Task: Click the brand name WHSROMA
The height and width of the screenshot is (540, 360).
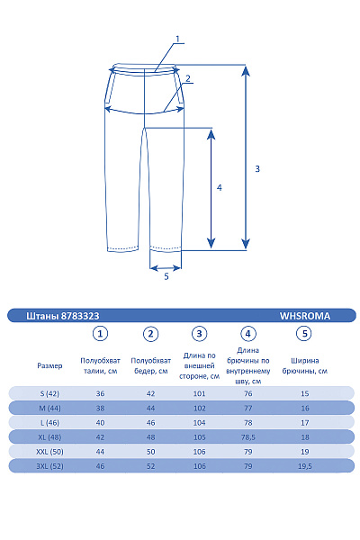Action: (x=305, y=316)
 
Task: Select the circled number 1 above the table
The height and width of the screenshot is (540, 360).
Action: (x=101, y=334)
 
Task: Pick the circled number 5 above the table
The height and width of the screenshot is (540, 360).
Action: (x=304, y=334)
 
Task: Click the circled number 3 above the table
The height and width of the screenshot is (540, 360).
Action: (x=199, y=334)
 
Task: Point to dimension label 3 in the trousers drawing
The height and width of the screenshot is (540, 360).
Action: (x=257, y=168)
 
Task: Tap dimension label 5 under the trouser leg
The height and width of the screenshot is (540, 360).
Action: (x=166, y=277)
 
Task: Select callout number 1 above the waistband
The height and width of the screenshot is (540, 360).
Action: (x=178, y=39)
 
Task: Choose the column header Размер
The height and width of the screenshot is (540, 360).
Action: (x=50, y=366)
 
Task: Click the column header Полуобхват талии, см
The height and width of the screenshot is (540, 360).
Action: (x=101, y=365)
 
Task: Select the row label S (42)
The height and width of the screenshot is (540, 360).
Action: (x=50, y=393)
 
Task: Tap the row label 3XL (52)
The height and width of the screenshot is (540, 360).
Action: (x=50, y=466)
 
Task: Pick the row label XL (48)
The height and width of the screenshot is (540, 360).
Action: (x=50, y=436)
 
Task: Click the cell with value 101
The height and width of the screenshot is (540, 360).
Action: (x=199, y=393)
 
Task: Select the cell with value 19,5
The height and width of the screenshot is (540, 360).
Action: (x=304, y=466)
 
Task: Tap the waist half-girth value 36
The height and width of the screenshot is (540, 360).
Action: (x=101, y=393)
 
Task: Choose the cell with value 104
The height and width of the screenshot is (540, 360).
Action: (x=199, y=422)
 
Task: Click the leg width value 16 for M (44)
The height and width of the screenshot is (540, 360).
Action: (x=304, y=408)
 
